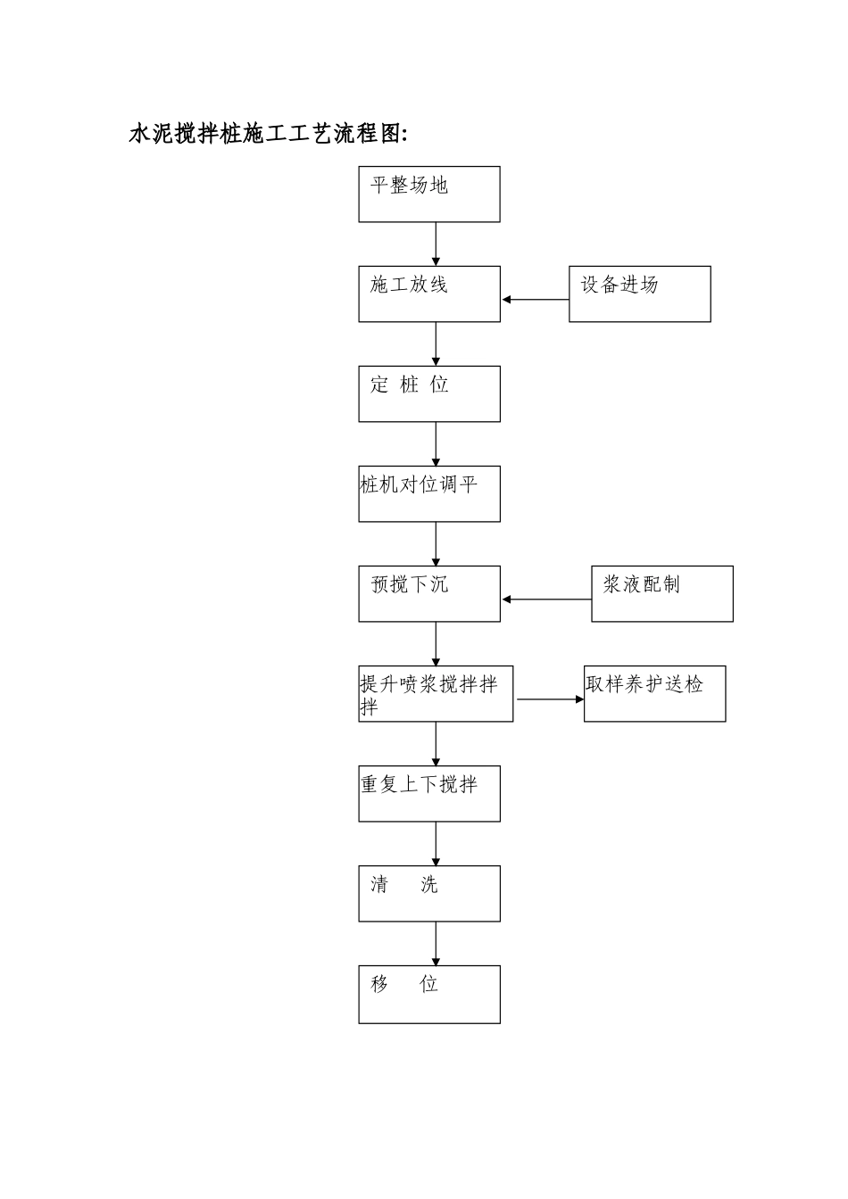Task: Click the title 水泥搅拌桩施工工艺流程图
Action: click(x=268, y=134)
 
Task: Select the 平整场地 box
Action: click(x=429, y=194)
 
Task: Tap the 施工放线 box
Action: click(x=429, y=294)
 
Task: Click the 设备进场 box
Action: click(x=640, y=294)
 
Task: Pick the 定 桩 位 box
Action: click(x=429, y=394)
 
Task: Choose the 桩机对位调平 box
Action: click(x=429, y=494)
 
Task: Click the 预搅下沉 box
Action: click(x=429, y=594)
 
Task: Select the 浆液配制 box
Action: click(x=662, y=594)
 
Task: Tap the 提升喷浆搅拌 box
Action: click(x=436, y=694)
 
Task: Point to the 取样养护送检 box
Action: click(x=655, y=694)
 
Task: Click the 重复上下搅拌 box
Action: click(x=429, y=794)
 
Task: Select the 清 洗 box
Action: click(x=429, y=894)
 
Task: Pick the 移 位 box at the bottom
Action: click(x=429, y=995)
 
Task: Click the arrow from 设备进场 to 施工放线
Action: click(x=536, y=300)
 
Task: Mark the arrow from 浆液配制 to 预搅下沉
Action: click(x=546, y=599)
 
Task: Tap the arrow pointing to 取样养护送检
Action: click(x=550, y=699)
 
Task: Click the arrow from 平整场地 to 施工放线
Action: click(x=436, y=244)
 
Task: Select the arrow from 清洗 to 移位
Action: click(x=436, y=944)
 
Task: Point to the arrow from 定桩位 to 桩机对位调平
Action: click(x=436, y=443)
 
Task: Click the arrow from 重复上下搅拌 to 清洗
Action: click(x=436, y=844)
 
